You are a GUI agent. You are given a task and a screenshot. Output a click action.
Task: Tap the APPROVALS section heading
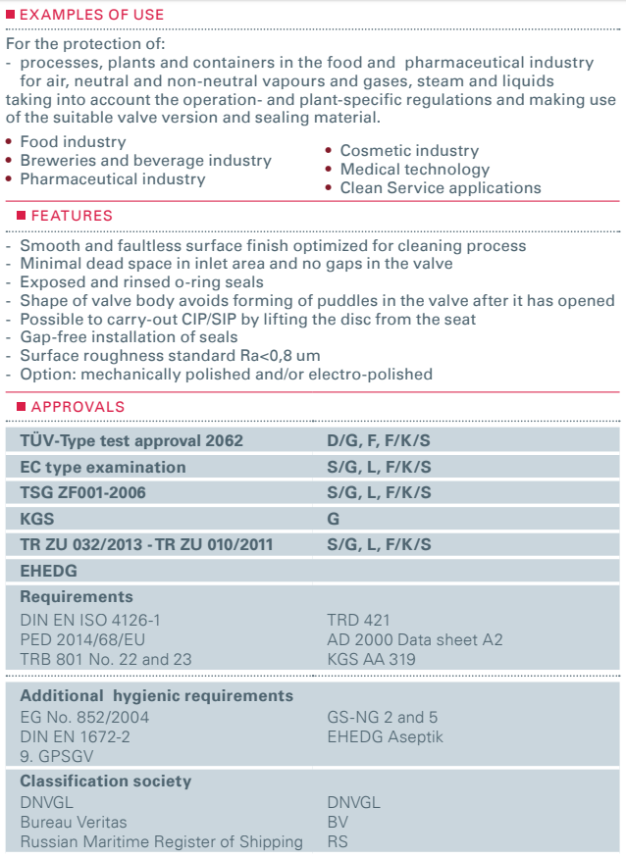point(78,407)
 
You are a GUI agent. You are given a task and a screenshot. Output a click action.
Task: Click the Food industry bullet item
point(73,142)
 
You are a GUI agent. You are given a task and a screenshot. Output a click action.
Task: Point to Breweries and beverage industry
point(145,161)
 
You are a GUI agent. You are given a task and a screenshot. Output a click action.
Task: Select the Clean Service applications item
point(441,188)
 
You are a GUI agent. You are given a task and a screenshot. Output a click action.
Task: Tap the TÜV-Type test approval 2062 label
point(131,441)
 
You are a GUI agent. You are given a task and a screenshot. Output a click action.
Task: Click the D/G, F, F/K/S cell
point(379,441)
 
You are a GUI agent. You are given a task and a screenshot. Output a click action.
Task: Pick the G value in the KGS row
point(333,519)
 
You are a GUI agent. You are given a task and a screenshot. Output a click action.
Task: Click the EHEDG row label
point(48,570)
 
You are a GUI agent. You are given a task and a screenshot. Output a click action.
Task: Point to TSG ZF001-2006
point(82,493)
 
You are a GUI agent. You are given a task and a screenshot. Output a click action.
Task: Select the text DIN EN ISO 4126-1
point(90,620)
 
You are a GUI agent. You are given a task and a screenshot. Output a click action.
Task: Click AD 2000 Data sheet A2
point(414,639)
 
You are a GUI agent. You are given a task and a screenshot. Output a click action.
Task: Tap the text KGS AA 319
point(371,659)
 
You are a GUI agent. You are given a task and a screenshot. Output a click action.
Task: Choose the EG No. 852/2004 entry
point(84,716)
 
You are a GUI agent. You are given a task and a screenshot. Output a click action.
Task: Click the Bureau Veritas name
point(74,822)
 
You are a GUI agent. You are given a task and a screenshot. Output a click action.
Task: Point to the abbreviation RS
point(338,841)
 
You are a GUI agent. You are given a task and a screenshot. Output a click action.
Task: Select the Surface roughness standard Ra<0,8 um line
point(170,356)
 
